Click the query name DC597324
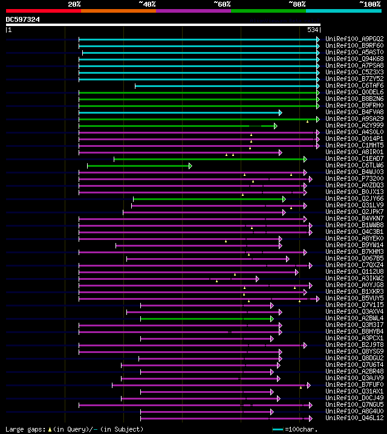[x=23, y=19]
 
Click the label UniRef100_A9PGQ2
[x=354, y=39]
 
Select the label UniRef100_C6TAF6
[x=354, y=85]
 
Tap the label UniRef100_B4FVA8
[x=354, y=112]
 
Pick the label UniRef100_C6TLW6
[x=354, y=165]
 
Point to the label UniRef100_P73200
[x=354, y=178]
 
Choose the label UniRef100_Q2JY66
[x=354, y=198]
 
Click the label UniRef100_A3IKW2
[x=354, y=278]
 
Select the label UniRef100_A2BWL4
[x=354, y=318]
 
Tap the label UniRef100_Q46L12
[x=354, y=418]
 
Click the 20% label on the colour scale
[x=74, y=4]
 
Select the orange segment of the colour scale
[x=118, y=11]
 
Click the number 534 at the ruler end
[x=313, y=30]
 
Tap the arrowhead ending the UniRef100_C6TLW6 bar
[x=190, y=165]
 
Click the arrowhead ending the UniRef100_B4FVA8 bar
[x=280, y=112]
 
